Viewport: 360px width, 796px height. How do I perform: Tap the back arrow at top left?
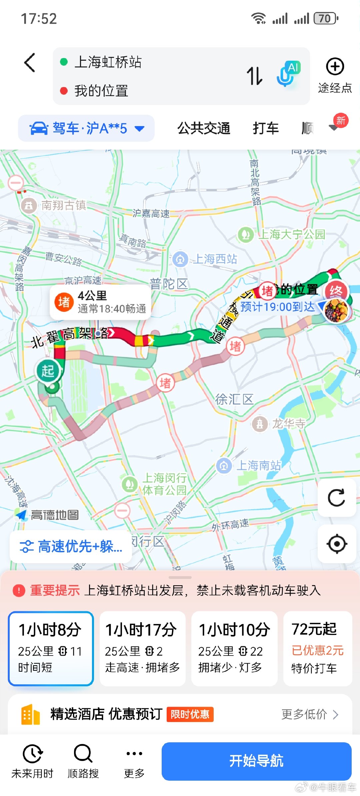coord(30,63)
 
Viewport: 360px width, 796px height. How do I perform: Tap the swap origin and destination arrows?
coord(255,76)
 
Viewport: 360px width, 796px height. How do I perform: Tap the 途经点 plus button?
coord(335,67)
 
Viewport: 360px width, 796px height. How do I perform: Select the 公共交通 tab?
coord(204,128)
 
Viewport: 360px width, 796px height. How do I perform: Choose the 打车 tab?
coord(265,128)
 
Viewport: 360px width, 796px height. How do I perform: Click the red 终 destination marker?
coord(336,291)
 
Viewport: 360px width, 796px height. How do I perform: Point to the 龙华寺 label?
coord(288,424)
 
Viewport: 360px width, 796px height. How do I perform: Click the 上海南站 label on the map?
coord(258,466)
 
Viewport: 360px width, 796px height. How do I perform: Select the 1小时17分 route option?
coord(142,648)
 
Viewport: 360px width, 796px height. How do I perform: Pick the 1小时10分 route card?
coord(234,648)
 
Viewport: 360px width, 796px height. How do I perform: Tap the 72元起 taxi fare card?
coord(317,648)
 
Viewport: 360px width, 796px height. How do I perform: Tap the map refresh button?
coord(337,498)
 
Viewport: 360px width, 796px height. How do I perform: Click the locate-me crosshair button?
coord(337,544)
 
